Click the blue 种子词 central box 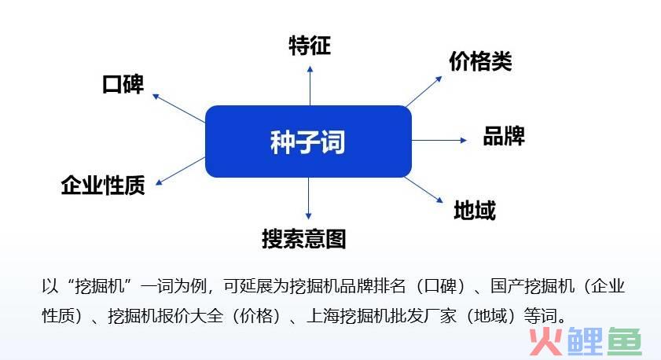[x=308, y=141]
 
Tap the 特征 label [x=310, y=46]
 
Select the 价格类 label [x=480, y=61]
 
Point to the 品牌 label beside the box [x=504, y=136]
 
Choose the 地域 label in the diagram [x=475, y=210]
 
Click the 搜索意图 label [x=304, y=239]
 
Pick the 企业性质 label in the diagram [x=103, y=185]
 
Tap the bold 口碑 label [x=123, y=84]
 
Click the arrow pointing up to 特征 [x=310, y=86]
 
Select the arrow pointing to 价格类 [x=424, y=91]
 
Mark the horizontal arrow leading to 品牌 [x=439, y=140]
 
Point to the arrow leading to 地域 [x=424, y=189]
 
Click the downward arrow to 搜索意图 [x=309, y=198]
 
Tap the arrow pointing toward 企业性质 [x=180, y=171]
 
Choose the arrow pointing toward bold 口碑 [x=178, y=108]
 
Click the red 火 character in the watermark [x=546, y=341]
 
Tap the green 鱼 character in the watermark [x=624, y=341]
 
